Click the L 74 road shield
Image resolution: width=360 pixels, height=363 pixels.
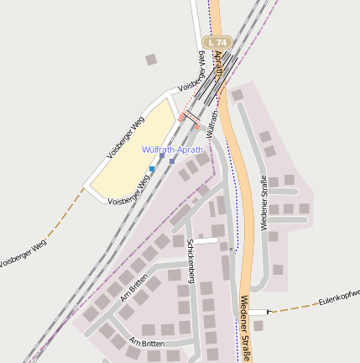pos(217,42)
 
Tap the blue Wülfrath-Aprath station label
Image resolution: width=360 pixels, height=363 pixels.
pos(172,150)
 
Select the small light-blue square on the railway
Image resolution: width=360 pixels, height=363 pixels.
pos(152,169)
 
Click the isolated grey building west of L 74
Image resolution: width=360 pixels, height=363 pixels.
pos(151,60)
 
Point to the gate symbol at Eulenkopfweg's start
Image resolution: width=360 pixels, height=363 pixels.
pos(269,312)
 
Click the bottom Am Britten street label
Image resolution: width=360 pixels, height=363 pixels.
pos(148,344)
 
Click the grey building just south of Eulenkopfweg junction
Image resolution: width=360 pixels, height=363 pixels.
pos(258,325)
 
